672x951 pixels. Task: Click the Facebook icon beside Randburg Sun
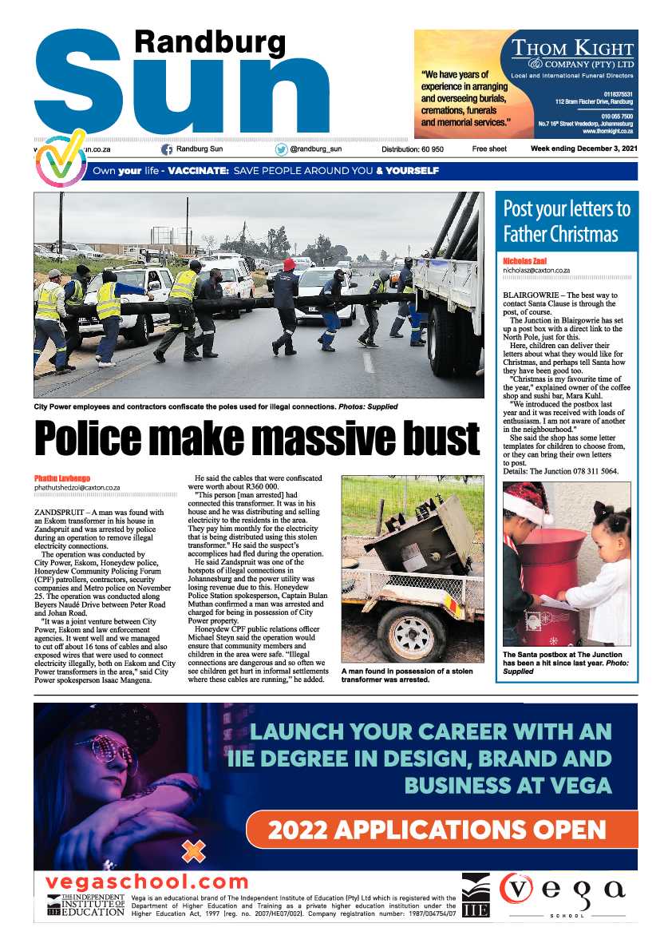click(x=167, y=149)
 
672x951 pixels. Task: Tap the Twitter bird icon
click(x=281, y=149)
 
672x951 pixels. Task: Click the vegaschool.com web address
click(x=148, y=882)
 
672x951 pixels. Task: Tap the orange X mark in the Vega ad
click(x=193, y=851)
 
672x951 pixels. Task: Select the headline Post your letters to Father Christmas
click(x=567, y=221)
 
